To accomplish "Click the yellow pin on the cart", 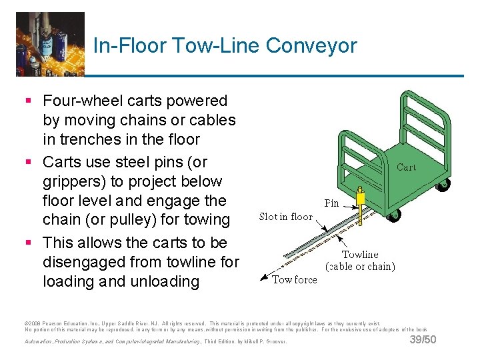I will [361, 199].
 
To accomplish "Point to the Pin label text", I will [331, 202].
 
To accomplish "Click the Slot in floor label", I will [285, 217].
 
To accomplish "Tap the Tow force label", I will [295, 280].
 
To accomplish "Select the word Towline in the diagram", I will [360, 255].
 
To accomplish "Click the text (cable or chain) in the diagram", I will [360, 267].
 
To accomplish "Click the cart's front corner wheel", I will [393, 215].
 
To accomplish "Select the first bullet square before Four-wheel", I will [27, 101].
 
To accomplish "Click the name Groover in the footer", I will [273, 341].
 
